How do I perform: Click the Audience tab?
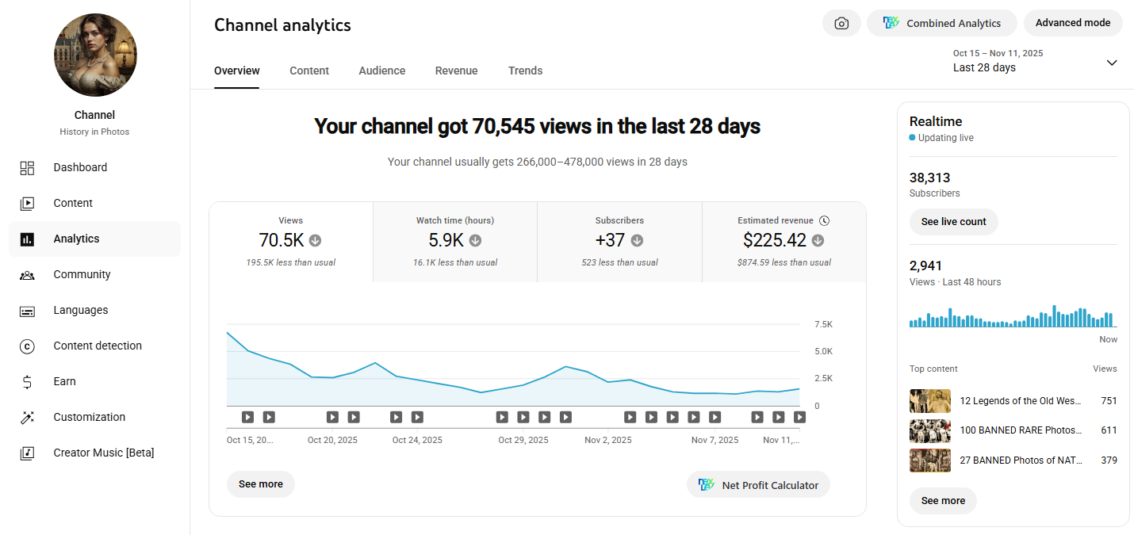(381, 71)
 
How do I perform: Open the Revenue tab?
(456, 71)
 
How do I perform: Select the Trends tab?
(525, 71)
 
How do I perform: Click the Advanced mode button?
(1073, 23)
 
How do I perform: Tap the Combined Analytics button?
(941, 23)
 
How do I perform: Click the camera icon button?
(841, 23)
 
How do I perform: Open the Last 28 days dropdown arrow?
(1112, 63)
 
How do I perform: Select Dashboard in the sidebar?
(80, 167)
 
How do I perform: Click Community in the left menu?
(82, 274)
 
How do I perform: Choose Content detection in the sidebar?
(98, 346)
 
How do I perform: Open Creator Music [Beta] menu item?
(104, 453)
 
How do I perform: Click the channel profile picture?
(95, 55)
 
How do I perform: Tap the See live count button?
(953, 222)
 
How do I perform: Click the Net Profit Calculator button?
(758, 485)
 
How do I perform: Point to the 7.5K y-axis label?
(823, 324)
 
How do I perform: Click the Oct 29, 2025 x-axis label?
(523, 440)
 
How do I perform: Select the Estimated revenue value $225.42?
(774, 240)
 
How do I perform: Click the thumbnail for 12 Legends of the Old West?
(930, 401)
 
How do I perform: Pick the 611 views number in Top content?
(1109, 430)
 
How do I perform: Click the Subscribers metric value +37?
(610, 240)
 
